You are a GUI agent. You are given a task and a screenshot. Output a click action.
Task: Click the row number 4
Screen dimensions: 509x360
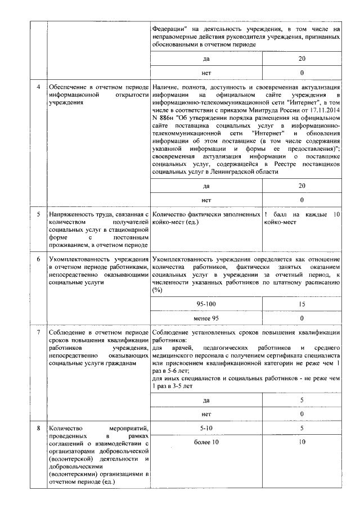[38, 88]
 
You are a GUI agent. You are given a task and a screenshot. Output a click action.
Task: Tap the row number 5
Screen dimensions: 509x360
[38, 215]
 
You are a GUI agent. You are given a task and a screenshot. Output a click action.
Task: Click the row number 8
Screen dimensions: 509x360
[38, 429]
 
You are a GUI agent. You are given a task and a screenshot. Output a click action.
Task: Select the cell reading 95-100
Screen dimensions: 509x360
[207, 304]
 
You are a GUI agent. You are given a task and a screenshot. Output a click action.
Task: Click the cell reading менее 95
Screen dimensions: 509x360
[207, 317]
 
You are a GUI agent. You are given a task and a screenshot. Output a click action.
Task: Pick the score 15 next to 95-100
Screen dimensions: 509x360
[302, 304]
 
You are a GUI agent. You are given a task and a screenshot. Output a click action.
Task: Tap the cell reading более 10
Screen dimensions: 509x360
[207, 442]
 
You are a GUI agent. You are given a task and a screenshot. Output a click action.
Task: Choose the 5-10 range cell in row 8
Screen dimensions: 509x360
[207, 429]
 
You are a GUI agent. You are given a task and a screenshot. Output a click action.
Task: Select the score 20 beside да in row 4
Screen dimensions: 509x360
[302, 186]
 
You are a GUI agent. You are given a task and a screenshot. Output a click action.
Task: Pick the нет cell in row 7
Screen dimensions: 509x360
[207, 414]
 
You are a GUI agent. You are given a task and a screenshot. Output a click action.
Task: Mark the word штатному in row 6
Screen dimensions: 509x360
[284, 283]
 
